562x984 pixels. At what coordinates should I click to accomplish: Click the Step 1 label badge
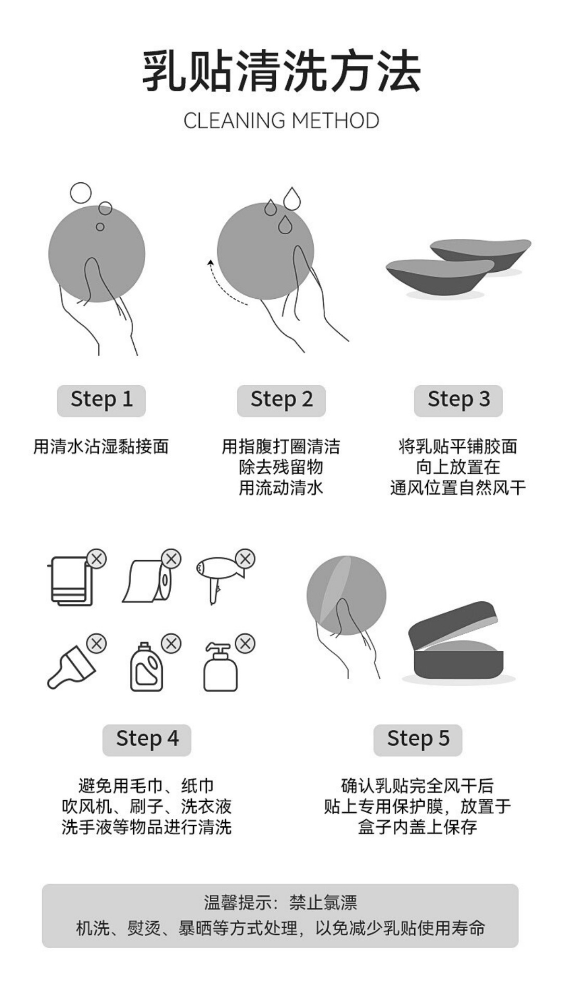coord(101,400)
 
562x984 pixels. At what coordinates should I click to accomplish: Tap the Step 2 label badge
coord(281,400)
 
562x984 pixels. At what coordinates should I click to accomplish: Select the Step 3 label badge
coord(458,400)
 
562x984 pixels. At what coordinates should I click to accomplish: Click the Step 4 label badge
coord(147,739)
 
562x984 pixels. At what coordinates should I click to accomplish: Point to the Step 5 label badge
coord(418,739)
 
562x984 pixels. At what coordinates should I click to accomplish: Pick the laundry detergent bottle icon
coord(146,668)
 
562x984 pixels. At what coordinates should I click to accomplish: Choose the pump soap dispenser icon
coord(220,669)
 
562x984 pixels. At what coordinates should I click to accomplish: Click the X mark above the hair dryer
coord(245,559)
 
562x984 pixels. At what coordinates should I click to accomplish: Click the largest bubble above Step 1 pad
coord(81,193)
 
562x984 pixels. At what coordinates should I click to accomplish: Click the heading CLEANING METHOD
coord(281,121)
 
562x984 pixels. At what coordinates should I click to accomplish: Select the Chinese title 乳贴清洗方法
coord(281,71)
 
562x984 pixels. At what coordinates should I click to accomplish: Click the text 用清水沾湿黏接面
coord(101,447)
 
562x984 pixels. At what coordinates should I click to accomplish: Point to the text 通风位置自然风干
coord(458,488)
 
